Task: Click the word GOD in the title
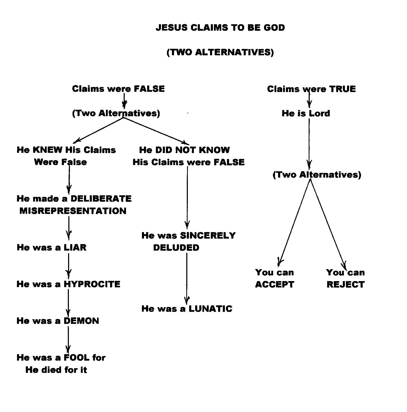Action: coord(274,28)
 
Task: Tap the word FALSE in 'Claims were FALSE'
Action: coord(149,89)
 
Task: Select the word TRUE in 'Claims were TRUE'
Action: coord(342,89)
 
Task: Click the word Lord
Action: coord(319,113)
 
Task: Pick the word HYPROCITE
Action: coord(92,284)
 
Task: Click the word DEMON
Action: coord(81,321)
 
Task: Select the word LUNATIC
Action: coord(210,309)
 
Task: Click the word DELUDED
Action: coord(176,247)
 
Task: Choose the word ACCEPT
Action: coord(274,284)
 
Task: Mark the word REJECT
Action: coord(345,284)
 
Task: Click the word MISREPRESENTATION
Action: coord(73,211)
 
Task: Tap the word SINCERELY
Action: coord(208,235)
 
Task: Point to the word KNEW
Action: coord(47,150)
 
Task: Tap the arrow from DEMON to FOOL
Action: coord(68,339)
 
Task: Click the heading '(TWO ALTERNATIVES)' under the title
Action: coord(220,52)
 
